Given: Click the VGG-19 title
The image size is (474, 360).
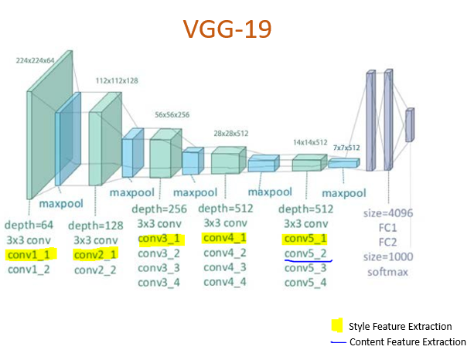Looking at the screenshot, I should [x=227, y=29].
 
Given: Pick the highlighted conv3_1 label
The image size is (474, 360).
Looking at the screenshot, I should [x=159, y=239].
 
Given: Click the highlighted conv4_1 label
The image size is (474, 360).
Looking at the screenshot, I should [x=225, y=239].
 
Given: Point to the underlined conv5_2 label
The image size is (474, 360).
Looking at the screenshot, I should [x=305, y=254].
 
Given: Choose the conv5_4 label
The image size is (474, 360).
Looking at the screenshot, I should [x=305, y=283].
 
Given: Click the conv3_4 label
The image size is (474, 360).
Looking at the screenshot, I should [x=159, y=283].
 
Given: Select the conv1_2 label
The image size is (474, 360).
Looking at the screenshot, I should [x=29, y=270].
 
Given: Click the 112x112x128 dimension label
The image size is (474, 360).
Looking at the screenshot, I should [x=118, y=80].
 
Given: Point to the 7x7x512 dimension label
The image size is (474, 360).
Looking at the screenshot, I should [x=346, y=147].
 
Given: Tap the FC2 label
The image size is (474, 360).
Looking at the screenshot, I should [x=384, y=242].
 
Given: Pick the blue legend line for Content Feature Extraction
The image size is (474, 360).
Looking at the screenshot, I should [x=337, y=342].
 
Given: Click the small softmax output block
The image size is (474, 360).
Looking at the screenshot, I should [x=410, y=124].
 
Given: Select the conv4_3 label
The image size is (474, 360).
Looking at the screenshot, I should [x=225, y=268].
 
